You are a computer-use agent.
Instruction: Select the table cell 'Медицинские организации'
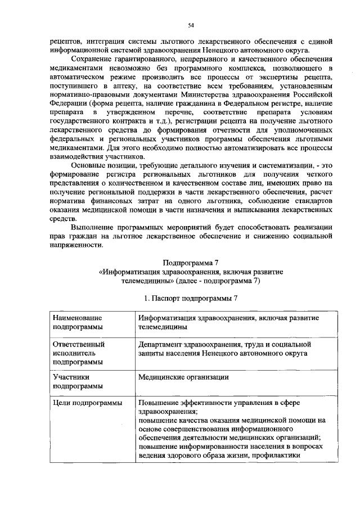pyautogui.click(x=183, y=377)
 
